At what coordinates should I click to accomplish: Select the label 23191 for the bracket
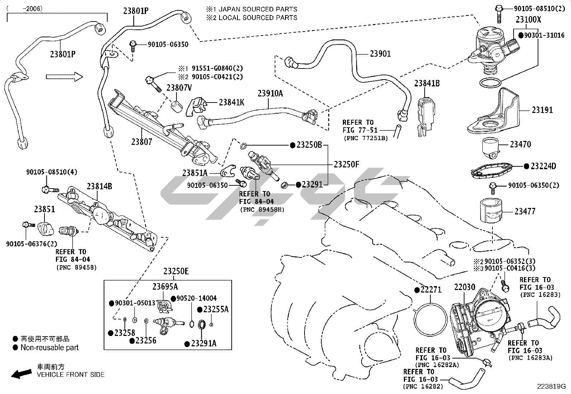click(x=542, y=110)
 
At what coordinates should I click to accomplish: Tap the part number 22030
click(x=464, y=288)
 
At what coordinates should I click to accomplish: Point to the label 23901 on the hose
click(x=380, y=54)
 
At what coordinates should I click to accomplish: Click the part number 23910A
click(x=270, y=94)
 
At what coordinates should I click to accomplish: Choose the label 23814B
click(x=99, y=186)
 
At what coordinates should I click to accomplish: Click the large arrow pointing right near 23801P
click(x=64, y=76)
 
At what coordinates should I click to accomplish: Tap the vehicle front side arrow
click(x=22, y=374)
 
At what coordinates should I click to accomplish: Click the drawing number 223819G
click(x=551, y=386)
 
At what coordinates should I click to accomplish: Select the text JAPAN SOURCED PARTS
click(x=258, y=9)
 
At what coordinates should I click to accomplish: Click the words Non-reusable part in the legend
click(x=49, y=347)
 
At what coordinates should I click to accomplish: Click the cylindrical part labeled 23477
click(x=490, y=211)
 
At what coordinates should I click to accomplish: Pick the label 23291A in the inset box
click(x=203, y=343)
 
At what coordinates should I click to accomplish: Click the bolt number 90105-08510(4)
click(x=51, y=172)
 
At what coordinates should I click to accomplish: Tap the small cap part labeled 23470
click(x=491, y=147)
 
